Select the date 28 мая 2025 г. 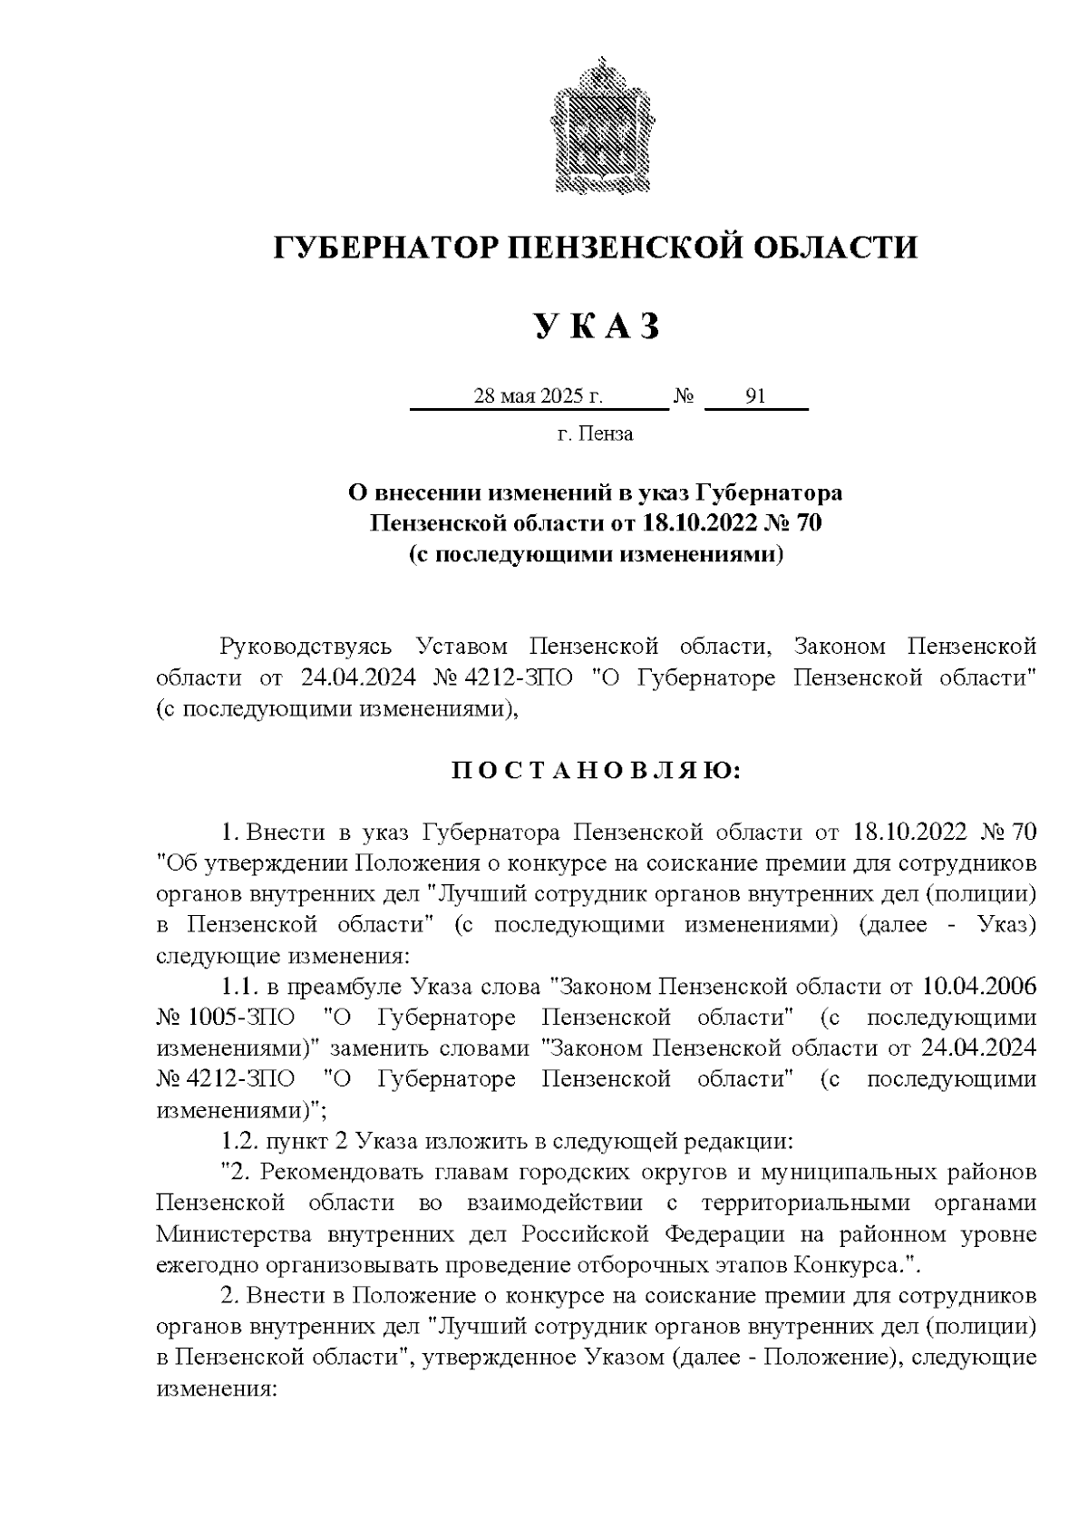[x=539, y=396]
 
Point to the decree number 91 [x=755, y=396]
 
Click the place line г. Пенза [x=595, y=433]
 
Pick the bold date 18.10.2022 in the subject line [x=699, y=523]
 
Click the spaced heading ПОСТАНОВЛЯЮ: [x=596, y=771]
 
